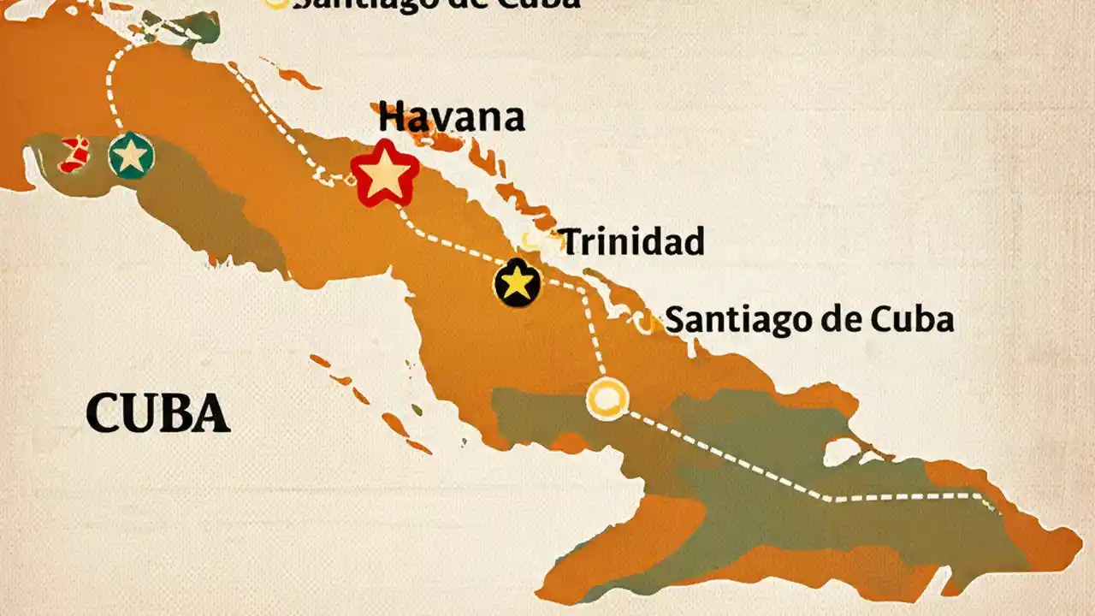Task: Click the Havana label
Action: (451, 117)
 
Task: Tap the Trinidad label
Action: (632, 242)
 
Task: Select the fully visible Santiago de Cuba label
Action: (808, 320)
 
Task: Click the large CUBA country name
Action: (158, 414)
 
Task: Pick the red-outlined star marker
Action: (385, 173)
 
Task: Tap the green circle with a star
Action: (131, 156)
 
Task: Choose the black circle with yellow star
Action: (518, 283)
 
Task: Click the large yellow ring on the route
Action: (607, 399)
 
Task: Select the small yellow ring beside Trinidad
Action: (534, 242)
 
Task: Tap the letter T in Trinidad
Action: (572, 242)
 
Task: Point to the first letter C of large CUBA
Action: (103, 414)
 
